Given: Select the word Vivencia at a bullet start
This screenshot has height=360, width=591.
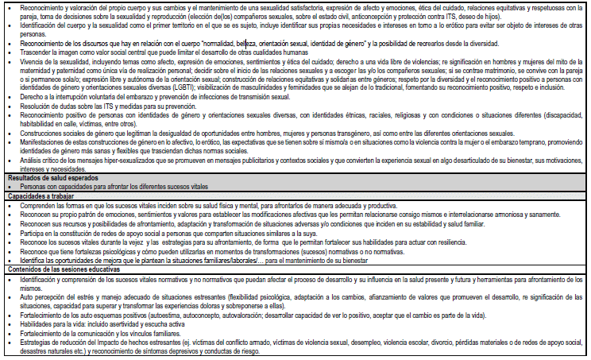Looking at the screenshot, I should click(33, 61).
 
